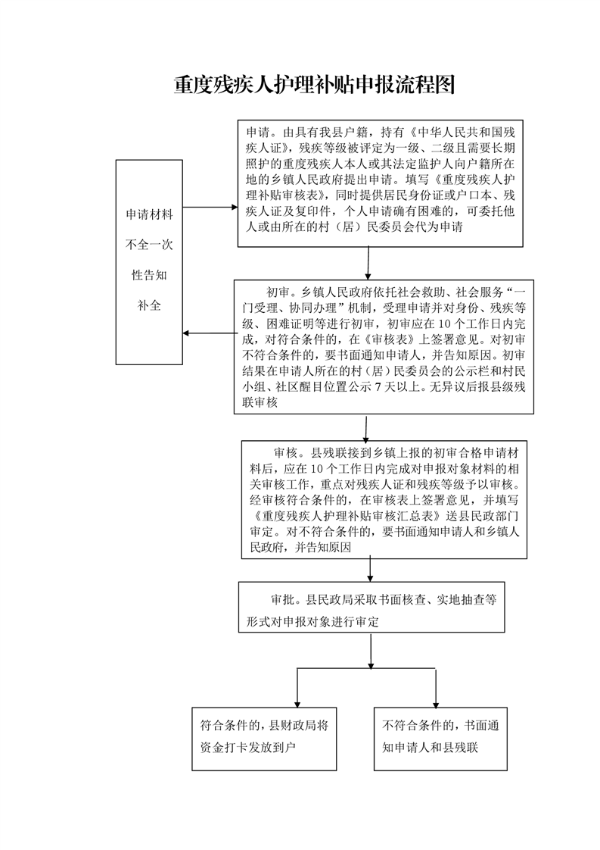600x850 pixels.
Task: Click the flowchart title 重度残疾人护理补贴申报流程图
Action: (314, 85)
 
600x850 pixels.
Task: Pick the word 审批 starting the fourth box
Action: (273, 598)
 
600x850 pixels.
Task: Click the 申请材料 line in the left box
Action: (149, 215)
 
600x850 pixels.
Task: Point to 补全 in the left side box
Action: (149, 306)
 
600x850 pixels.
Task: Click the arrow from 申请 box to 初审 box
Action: (368, 264)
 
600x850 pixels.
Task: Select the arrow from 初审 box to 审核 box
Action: (366, 427)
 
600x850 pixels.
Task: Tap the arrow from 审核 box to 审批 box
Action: (370, 569)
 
